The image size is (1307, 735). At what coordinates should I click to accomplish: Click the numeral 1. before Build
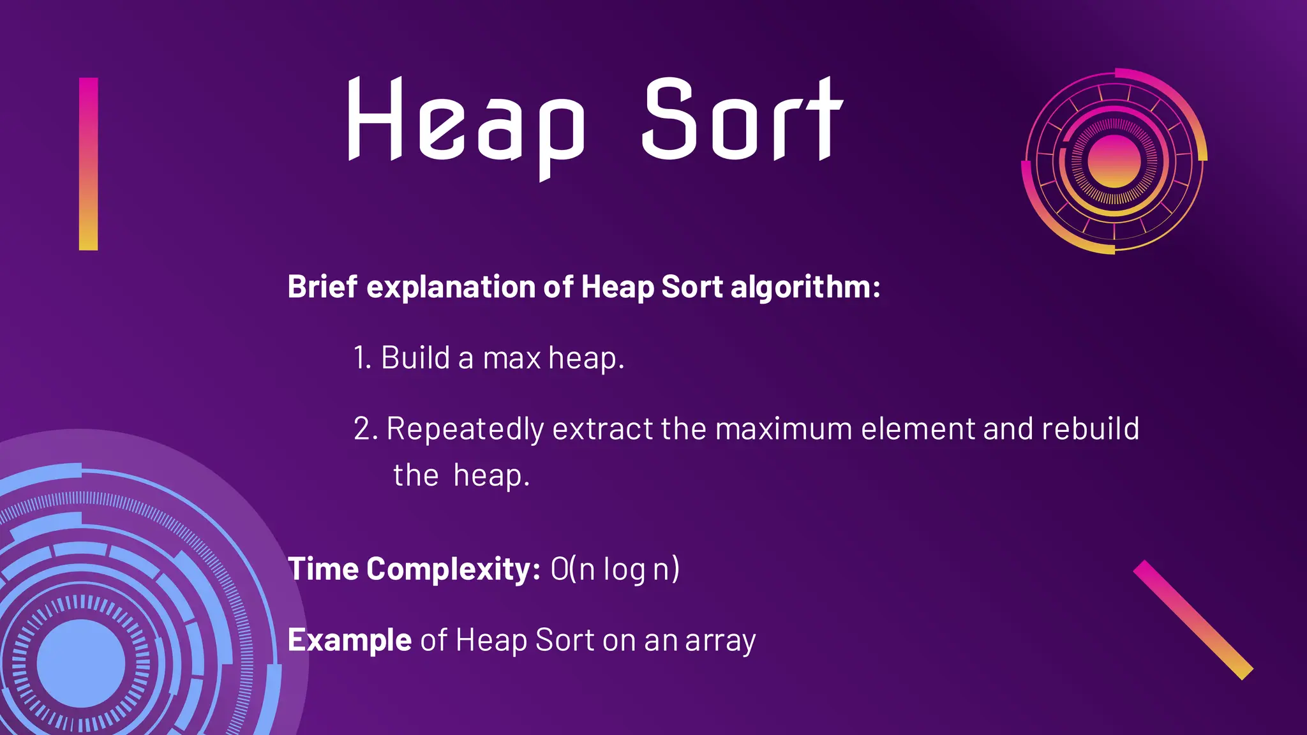click(x=362, y=358)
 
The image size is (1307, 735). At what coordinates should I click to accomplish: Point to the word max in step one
click(x=512, y=359)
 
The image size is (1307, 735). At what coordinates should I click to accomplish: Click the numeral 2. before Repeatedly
click(x=366, y=429)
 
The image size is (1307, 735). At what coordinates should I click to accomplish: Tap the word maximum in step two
click(x=784, y=429)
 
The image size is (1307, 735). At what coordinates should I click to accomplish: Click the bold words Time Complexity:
click(x=414, y=569)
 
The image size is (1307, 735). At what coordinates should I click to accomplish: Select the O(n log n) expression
click(x=615, y=570)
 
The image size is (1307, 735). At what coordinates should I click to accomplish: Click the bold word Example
click(x=349, y=640)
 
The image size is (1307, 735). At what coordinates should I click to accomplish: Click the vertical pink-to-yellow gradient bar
click(x=88, y=164)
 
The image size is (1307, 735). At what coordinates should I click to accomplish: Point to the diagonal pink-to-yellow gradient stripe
click(x=1193, y=620)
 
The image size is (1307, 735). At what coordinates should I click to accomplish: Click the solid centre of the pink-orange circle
click(x=1114, y=161)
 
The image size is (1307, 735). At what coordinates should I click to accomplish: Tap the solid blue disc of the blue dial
click(x=81, y=664)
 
